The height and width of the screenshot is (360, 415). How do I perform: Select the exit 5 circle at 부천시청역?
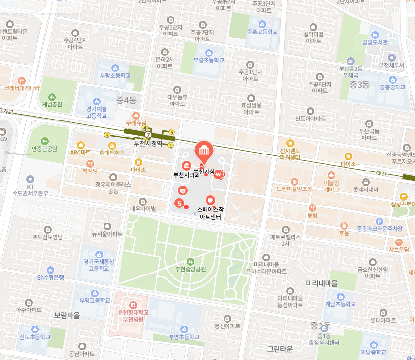pos(171,132)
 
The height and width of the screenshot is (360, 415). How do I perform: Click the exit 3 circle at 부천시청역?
pos(107,135)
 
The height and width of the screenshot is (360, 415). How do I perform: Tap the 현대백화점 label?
pos(112,153)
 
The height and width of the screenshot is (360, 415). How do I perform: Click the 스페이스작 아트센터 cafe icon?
pos(210,200)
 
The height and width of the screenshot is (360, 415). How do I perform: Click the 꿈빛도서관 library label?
pos(375,42)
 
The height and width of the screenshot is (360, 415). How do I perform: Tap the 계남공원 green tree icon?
pos(52,96)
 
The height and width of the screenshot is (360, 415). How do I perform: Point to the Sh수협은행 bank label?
pos(51,277)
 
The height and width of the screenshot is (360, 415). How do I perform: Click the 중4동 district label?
pos(126,101)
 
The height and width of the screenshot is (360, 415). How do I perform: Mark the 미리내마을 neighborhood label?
pos(322,283)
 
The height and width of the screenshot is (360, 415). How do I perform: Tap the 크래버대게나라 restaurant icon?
pos(21,81)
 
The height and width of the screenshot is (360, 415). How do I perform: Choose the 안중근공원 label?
pos(44,149)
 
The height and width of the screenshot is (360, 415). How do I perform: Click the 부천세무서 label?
pos(391,65)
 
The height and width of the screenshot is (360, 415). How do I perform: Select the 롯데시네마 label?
pos(365,189)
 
